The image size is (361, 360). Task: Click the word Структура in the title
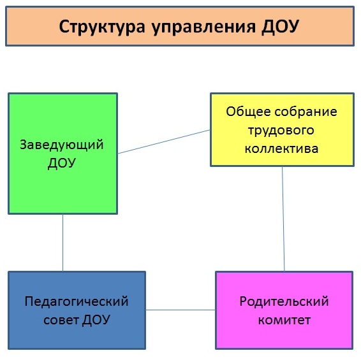102,27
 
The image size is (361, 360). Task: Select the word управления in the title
203,27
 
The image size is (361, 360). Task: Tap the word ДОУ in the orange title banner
280,27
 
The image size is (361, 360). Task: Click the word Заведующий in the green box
62,145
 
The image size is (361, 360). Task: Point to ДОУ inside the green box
62,163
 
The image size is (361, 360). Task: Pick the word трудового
281,131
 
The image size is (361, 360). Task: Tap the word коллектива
281,149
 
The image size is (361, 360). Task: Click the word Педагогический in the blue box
77,301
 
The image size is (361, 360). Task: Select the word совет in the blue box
61,320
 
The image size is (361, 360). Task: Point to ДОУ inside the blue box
96,320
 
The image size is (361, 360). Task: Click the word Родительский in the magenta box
284,301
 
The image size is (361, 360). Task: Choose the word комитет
284,320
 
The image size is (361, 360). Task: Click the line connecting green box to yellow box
164,141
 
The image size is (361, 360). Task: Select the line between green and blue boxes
63,243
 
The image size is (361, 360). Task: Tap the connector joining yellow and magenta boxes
283,219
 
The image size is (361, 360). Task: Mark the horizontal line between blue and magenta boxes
180,310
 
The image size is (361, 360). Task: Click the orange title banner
180,26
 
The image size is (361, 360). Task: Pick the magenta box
284,310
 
